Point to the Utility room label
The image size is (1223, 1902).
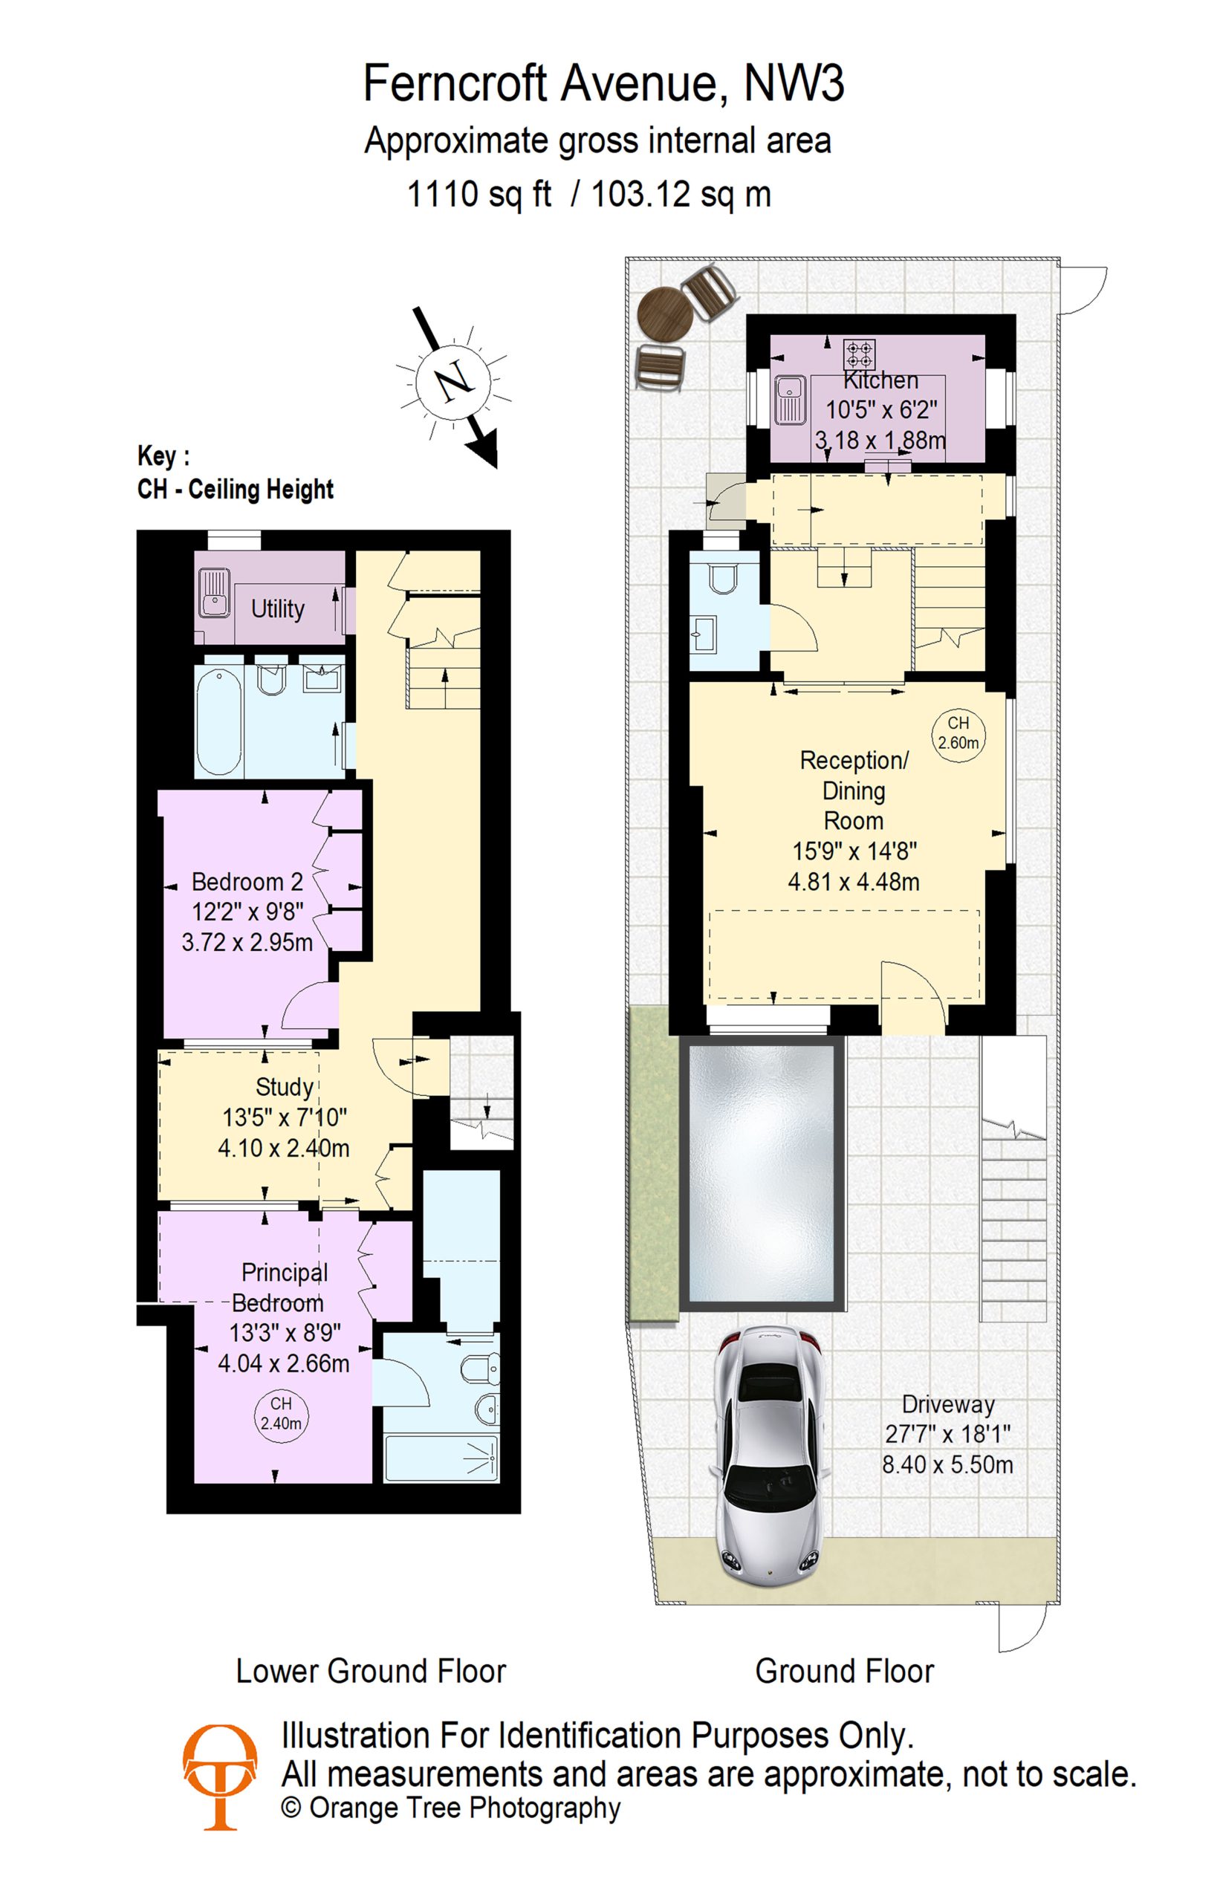tap(278, 609)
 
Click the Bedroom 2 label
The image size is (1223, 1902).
tap(247, 883)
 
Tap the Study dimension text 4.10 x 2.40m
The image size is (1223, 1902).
tap(284, 1149)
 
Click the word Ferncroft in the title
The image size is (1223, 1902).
tap(455, 82)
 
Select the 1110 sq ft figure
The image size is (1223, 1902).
tap(479, 194)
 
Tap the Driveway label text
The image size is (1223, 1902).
tap(948, 1404)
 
